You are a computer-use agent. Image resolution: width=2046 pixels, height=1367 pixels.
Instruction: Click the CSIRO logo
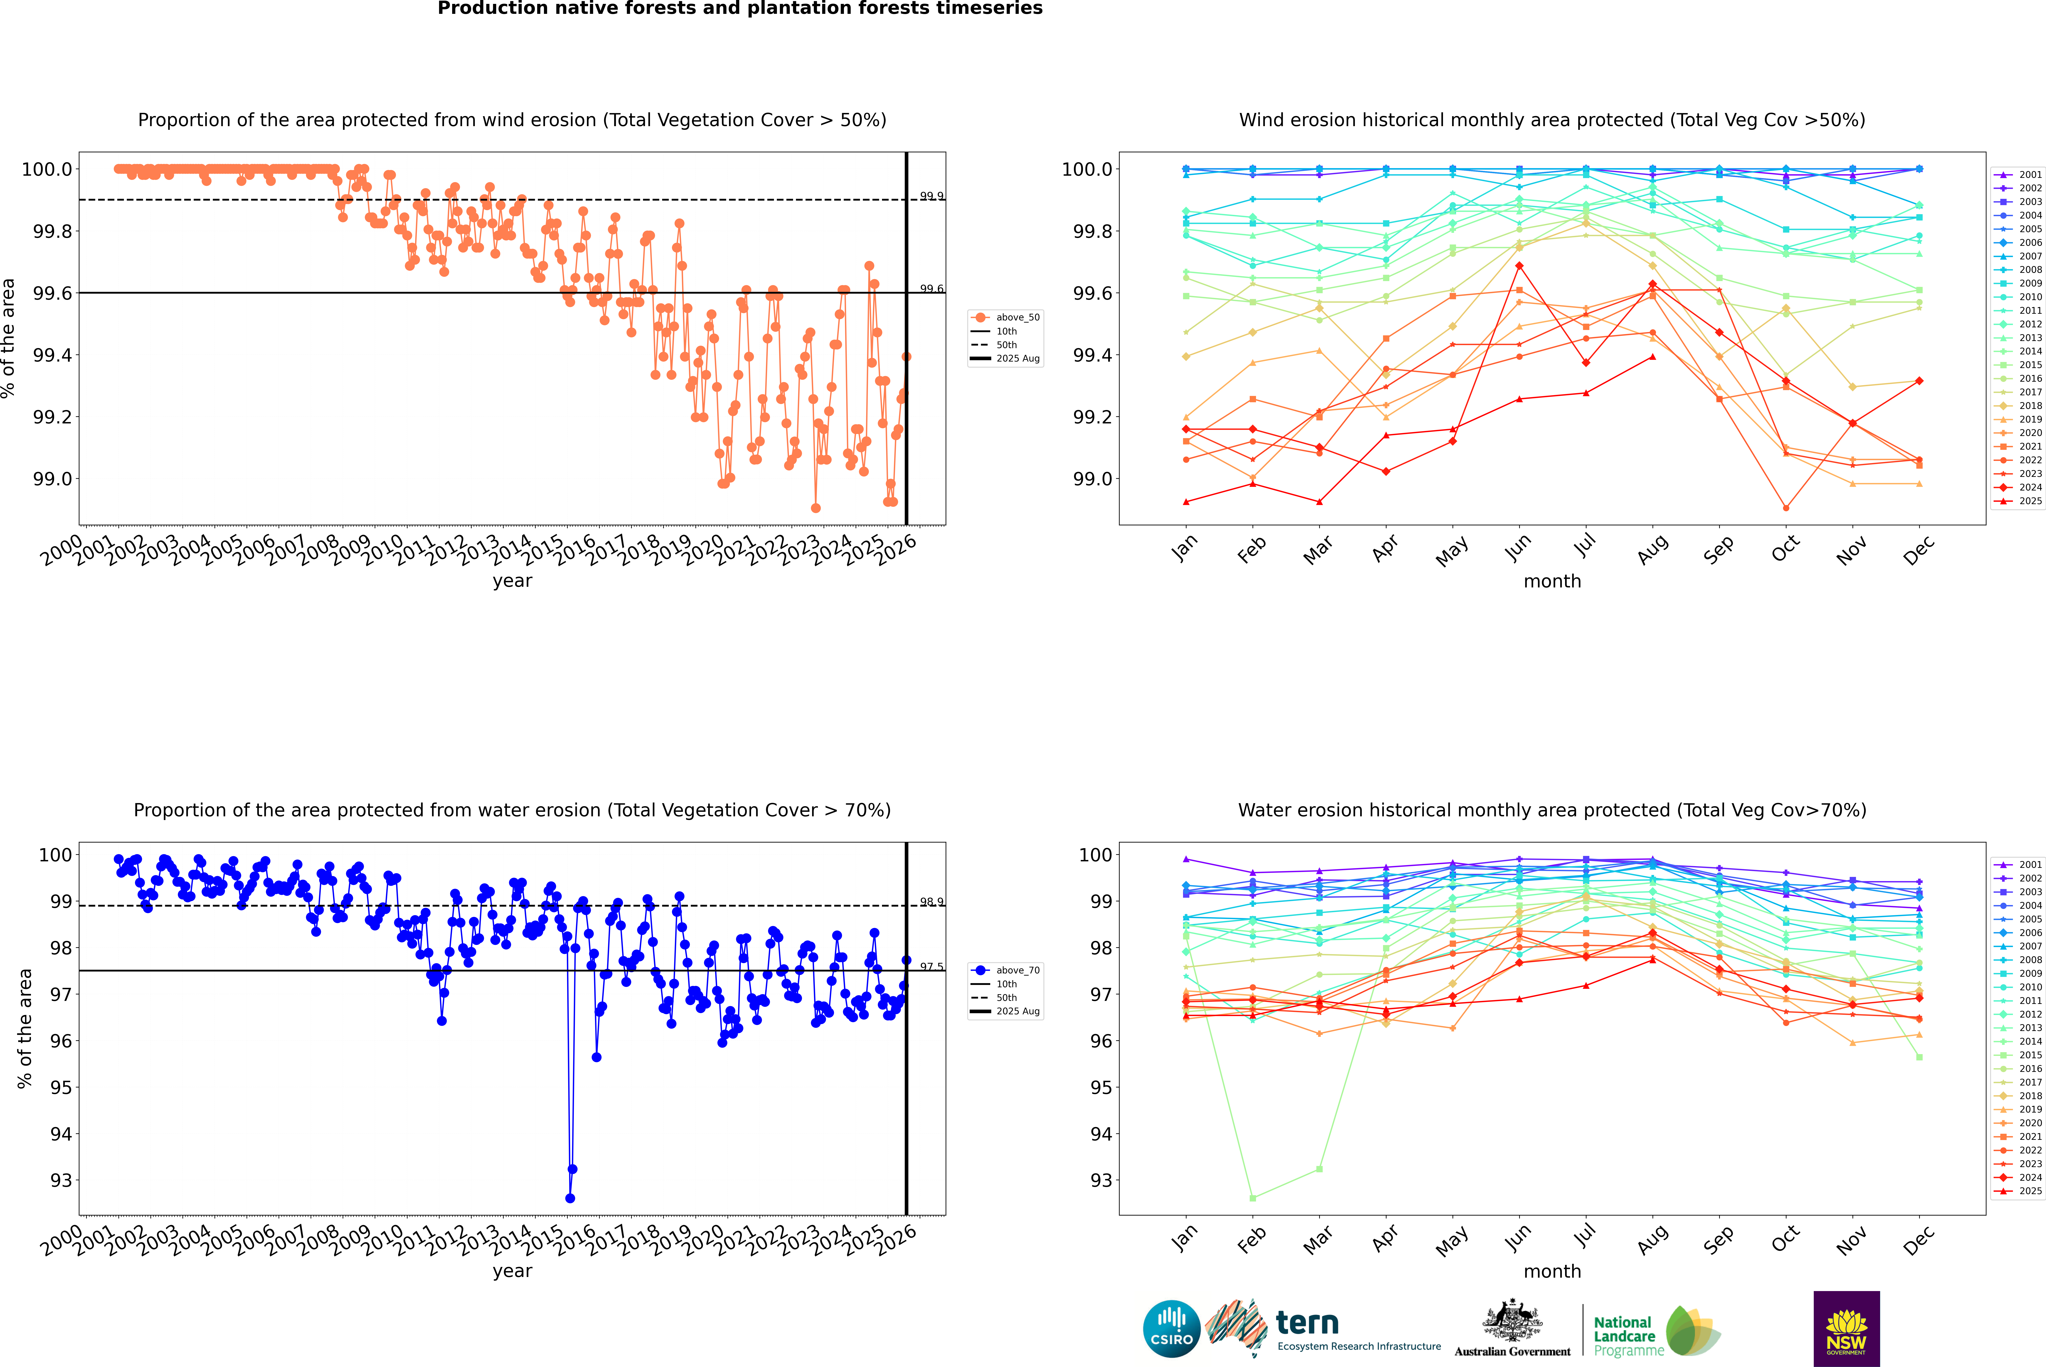pos(1171,1329)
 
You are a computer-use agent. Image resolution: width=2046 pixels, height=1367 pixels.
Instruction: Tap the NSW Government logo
pos(1846,1329)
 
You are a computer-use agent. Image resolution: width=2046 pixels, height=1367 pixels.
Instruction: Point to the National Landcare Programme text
pos(1624,1336)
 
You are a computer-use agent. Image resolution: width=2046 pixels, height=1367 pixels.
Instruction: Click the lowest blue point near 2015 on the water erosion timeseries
pos(570,1198)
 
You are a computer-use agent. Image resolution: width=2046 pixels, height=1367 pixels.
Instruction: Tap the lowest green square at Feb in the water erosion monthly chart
pos(1252,1198)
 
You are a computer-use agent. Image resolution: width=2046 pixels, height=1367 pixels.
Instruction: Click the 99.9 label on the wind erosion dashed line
pos(931,196)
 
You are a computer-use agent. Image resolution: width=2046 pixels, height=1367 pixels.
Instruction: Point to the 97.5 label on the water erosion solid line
pos(931,967)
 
